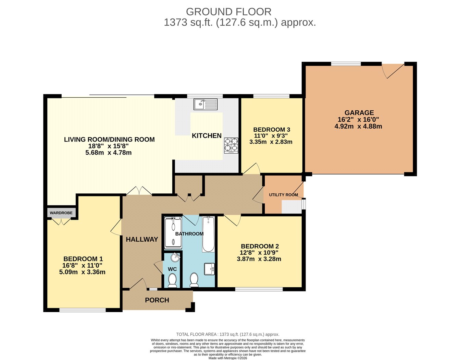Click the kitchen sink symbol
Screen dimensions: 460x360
pyautogui.click(x=206, y=104)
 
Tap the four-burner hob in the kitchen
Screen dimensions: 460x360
pyautogui.click(x=231, y=145)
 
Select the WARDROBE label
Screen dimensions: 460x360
pyautogui.click(x=61, y=213)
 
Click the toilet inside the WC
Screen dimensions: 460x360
pyautogui.click(x=172, y=280)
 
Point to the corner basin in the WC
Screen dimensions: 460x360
pyautogui.click(x=176, y=257)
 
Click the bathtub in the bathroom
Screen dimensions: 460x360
pyautogui.click(x=208, y=234)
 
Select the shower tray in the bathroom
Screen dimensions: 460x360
pyautogui.click(x=173, y=233)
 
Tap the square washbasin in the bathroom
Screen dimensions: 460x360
pyautogui.click(x=209, y=269)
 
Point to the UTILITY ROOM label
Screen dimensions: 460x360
pyautogui.click(x=284, y=195)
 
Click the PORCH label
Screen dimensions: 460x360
pyautogui.click(x=157, y=300)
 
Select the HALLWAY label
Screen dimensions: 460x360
pyautogui.click(x=142, y=239)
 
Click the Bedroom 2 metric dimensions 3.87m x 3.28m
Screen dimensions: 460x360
pyautogui.click(x=259, y=259)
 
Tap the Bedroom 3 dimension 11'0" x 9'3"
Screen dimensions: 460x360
pyautogui.click(x=271, y=135)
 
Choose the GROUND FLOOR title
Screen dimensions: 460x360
pyautogui.click(x=228, y=12)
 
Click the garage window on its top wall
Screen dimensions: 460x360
pyautogui.click(x=346, y=64)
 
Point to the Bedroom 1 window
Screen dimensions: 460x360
pyautogui.click(x=83, y=310)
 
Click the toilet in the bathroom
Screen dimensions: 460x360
pyautogui.click(x=194, y=280)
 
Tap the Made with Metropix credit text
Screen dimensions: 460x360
pyautogui.click(x=228, y=358)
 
